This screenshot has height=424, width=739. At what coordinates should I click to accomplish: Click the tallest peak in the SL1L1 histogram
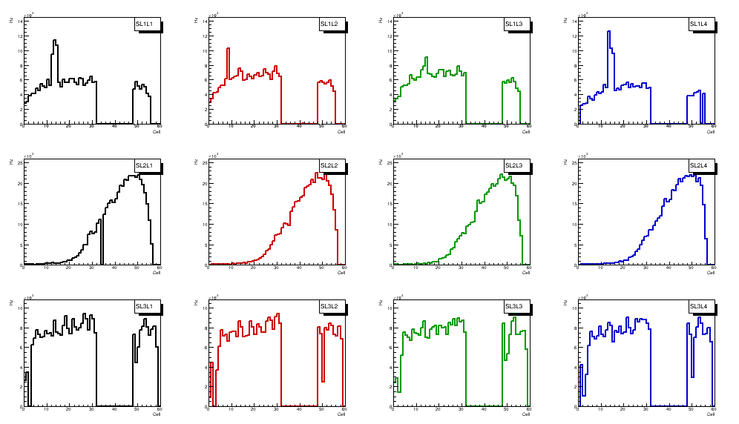[55, 42]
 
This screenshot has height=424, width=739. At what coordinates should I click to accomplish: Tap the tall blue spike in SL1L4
[608, 33]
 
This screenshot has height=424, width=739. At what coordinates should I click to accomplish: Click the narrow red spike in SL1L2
[229, 50]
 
